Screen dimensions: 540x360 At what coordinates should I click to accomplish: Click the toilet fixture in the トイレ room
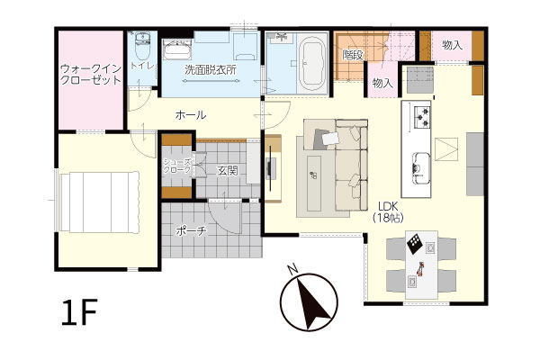tap(142, 46)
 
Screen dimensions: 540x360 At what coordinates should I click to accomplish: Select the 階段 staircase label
tap(353, 55)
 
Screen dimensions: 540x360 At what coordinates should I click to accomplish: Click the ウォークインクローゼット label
tap(91, 75)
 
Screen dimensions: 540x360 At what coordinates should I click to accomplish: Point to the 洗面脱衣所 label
tap(211, 70)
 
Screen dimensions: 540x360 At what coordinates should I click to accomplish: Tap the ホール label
tap(191, 115)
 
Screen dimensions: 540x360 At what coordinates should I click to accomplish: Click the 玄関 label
tap(228, 170)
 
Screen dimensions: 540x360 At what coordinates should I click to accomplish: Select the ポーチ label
tap(191, 230)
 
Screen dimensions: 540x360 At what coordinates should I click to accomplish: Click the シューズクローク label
tap(177, 166)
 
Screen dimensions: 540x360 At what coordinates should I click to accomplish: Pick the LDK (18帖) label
tap(388, 212)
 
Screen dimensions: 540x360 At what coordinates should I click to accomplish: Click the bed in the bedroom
tap(99, 202)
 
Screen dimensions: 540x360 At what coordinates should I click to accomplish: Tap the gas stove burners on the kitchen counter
tap(422, 116)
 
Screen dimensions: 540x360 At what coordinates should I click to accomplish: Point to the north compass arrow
tap(311, 304)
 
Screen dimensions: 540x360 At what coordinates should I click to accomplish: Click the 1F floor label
tap(79, 312)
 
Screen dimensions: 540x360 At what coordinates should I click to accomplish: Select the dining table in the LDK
tap(421, 265)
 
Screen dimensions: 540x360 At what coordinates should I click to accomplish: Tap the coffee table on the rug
tap(313, 183)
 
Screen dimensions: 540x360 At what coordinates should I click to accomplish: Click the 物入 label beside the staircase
tap(382, 83)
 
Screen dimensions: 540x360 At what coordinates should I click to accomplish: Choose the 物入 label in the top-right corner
tap(452, 45)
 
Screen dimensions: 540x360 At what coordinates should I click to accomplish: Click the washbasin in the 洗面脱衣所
tap(177, 49)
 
